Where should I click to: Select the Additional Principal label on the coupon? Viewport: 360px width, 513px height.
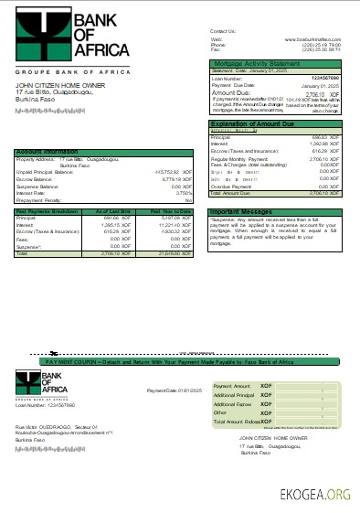coord(232,394)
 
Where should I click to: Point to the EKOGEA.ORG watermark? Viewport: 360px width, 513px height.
coord(315,495)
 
